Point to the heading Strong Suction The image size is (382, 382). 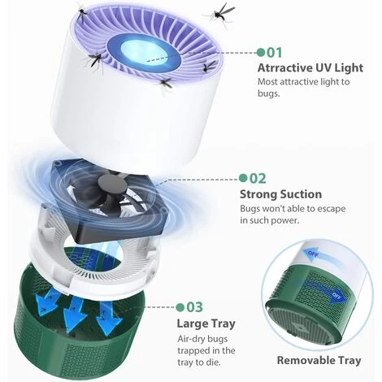coord(280,194)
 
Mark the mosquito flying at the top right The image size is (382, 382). coord(220,14)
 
